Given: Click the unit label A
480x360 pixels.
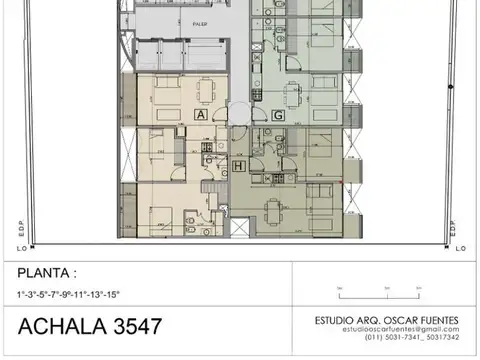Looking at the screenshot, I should [201, 116].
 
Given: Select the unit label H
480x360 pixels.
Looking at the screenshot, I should [239, 166].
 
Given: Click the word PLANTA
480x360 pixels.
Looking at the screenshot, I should [45, 272].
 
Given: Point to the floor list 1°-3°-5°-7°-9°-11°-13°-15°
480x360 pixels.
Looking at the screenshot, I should [68, 293].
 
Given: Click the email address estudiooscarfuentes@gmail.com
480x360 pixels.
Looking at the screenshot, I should [399, 329].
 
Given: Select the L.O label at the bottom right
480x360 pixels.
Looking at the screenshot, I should [459, 247].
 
